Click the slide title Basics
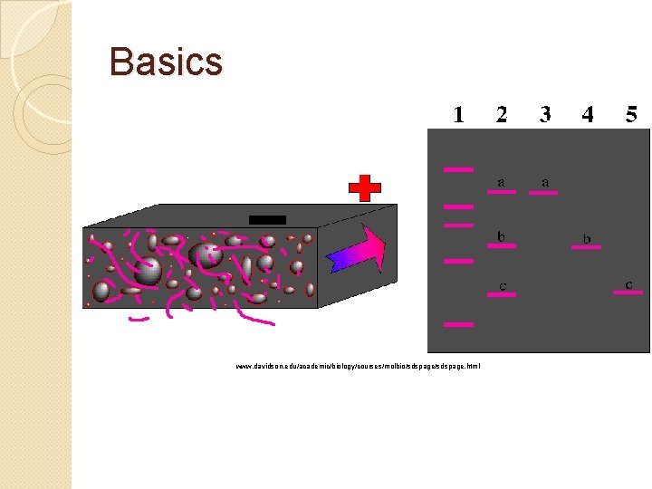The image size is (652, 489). click(166, 62)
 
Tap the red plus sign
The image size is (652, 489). click(365, 188)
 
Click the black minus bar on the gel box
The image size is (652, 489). click(267, 219)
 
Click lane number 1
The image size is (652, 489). click(459, 114)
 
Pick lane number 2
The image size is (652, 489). click(502, 114)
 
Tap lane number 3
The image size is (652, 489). click(545, 114)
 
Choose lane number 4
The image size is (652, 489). click(588, 114)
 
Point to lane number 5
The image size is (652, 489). click(631, 114)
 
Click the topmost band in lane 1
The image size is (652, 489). click(458, 169)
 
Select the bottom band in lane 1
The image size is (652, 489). click(458, 324)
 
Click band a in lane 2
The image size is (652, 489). click(501, 192)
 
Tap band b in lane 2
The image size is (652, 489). click(501, 245)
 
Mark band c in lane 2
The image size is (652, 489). click(501, 294)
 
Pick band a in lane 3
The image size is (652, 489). click(544, 192)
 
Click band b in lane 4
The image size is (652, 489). click(587, 246)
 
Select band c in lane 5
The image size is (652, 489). click(629, 292)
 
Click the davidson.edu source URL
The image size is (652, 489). click(358, 366)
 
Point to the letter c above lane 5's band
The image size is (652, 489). click(629, 283)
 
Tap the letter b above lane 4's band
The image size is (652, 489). click(587, 238)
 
